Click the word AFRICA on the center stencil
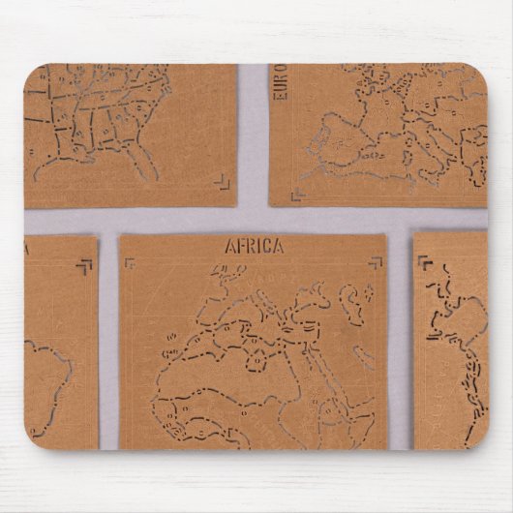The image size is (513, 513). coord(255,246)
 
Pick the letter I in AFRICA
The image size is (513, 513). coord(260,246)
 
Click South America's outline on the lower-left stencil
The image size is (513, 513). coord(48,377)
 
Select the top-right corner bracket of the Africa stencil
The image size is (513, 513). coord(373,262)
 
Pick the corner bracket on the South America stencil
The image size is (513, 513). coord(85,264)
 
